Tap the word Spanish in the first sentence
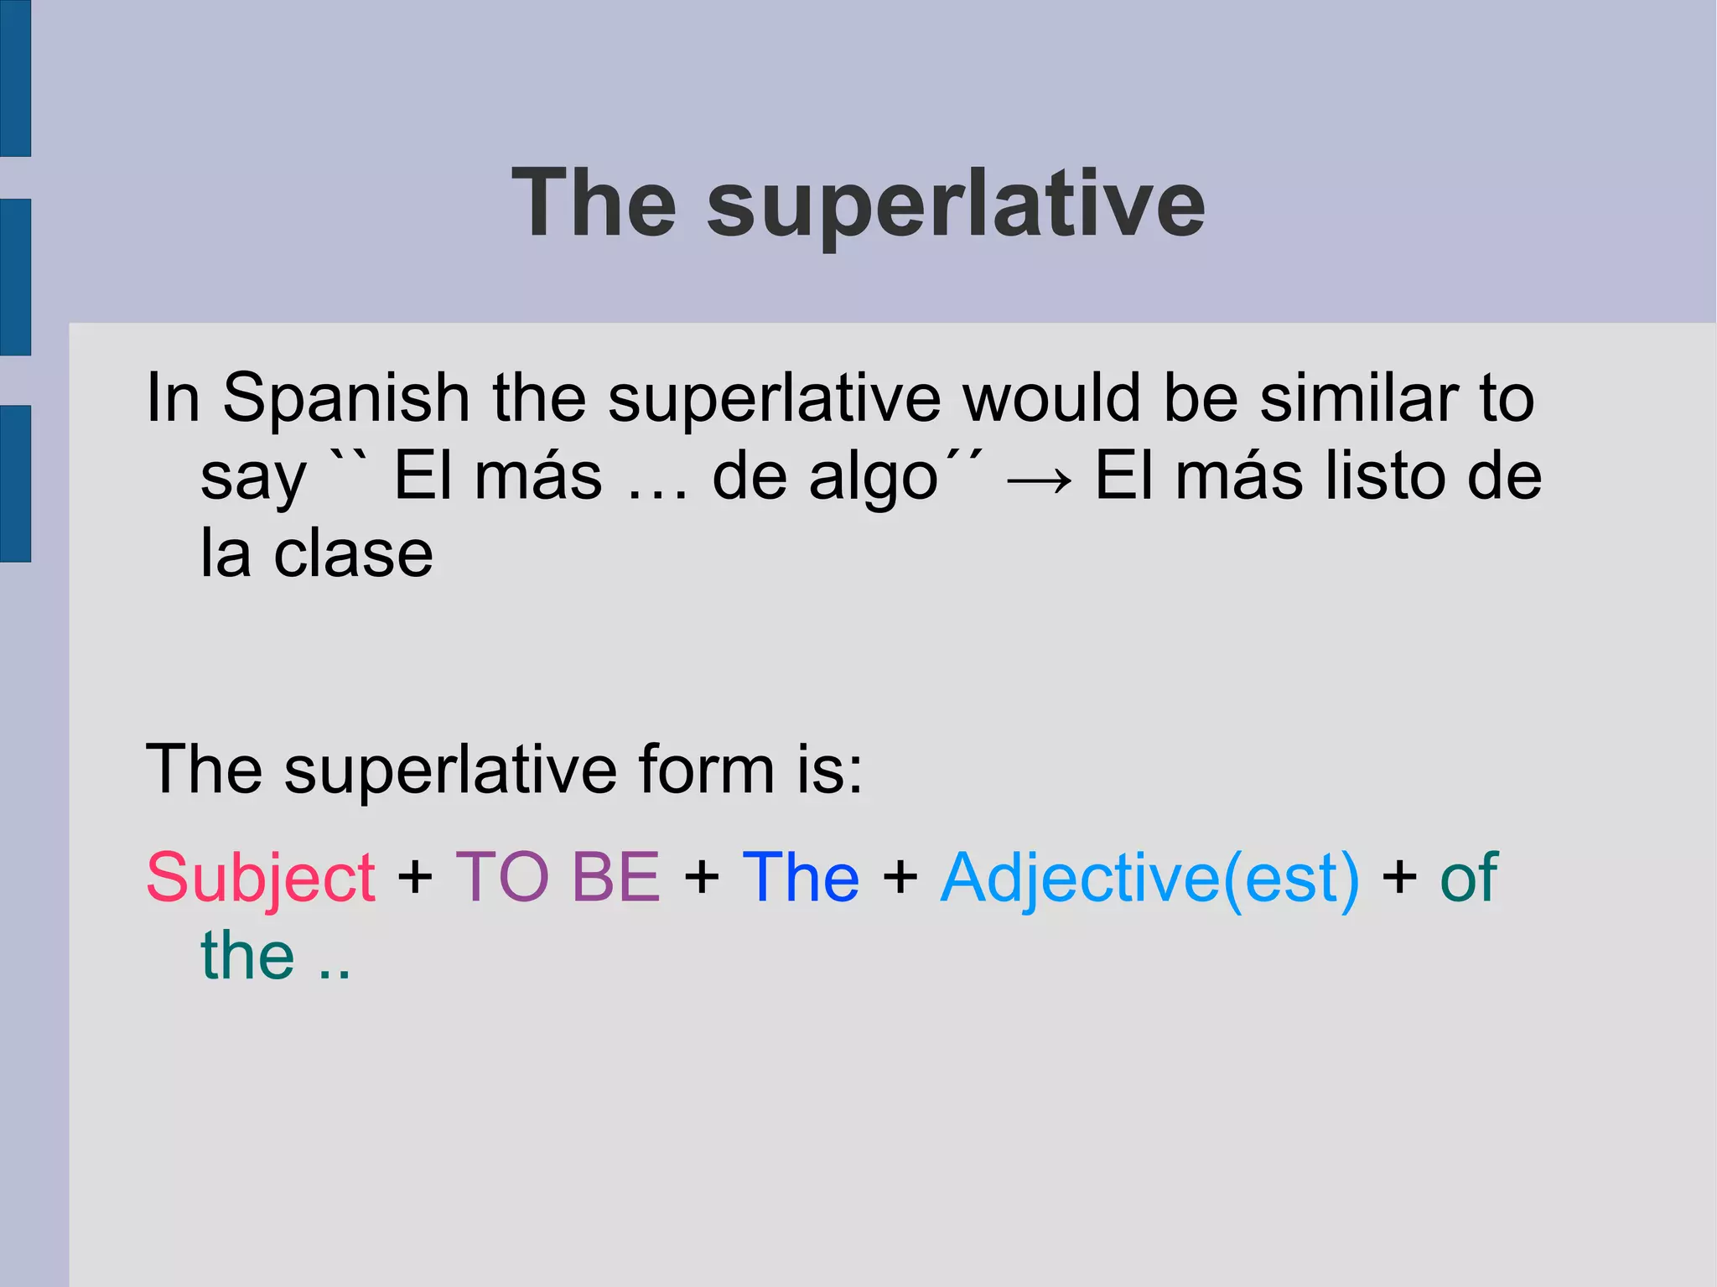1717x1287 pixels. (345, 398)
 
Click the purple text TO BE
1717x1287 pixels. (558, 877)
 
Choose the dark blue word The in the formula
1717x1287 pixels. (801, 877)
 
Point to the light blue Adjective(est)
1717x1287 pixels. (1149, 879)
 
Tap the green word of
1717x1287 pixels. (1468, 877)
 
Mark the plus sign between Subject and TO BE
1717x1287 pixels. (415, 879)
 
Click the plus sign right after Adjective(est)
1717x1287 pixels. (1399, 879)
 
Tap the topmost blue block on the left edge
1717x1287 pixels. (15, 78)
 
